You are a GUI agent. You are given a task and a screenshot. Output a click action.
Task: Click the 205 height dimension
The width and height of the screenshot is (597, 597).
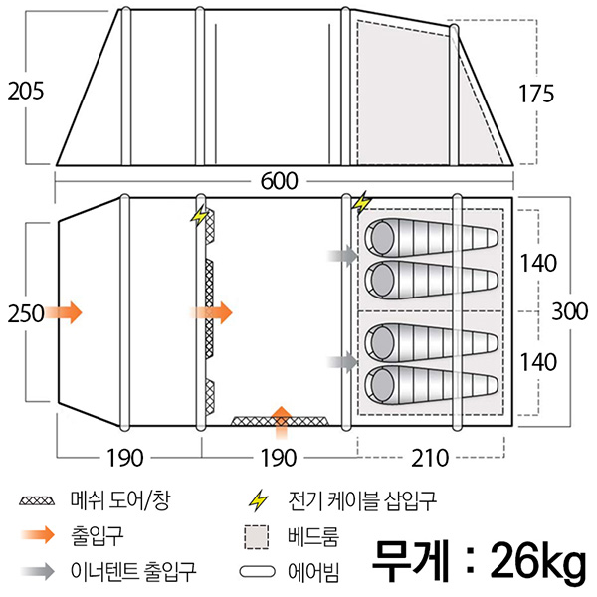point(26,92)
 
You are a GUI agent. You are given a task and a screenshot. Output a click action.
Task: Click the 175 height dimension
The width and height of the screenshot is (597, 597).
point(536,94)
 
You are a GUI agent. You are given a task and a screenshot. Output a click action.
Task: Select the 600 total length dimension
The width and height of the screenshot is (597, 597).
point(279,181)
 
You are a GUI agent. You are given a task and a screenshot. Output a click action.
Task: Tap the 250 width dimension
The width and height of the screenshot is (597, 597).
point(26,314)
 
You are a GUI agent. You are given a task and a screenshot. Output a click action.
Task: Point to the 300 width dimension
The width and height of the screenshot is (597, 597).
point(570,311)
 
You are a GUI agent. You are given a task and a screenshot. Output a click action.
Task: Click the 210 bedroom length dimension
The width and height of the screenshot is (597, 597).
point(430,458)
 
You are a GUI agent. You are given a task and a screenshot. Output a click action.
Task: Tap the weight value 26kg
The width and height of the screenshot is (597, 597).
point(538,562)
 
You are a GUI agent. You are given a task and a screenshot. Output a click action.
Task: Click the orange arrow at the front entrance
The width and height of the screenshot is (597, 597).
point(64,312)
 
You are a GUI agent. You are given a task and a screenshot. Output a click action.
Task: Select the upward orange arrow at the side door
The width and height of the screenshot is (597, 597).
point(282,423)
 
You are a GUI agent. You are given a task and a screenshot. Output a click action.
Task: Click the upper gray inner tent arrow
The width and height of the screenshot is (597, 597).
point(343,255)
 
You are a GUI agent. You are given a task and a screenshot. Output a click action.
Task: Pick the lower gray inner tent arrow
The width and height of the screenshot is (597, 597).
point(343,362)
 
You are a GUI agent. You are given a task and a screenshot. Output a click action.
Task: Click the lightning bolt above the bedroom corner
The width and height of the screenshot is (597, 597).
point(361,203)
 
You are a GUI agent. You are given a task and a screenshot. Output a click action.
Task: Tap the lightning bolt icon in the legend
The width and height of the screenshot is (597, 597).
point(258,501)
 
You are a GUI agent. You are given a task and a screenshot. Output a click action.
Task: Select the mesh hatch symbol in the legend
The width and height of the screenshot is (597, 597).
point(37,500)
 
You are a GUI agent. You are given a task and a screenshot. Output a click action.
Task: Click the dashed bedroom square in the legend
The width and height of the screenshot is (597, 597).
point(257,537)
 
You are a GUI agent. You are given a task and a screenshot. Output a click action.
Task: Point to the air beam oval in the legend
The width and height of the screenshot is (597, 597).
point(257,572)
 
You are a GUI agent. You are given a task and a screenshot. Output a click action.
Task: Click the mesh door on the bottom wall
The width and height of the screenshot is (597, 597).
point(281,421)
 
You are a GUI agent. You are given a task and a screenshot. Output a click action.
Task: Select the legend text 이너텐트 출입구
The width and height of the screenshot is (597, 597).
point(133,571)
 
